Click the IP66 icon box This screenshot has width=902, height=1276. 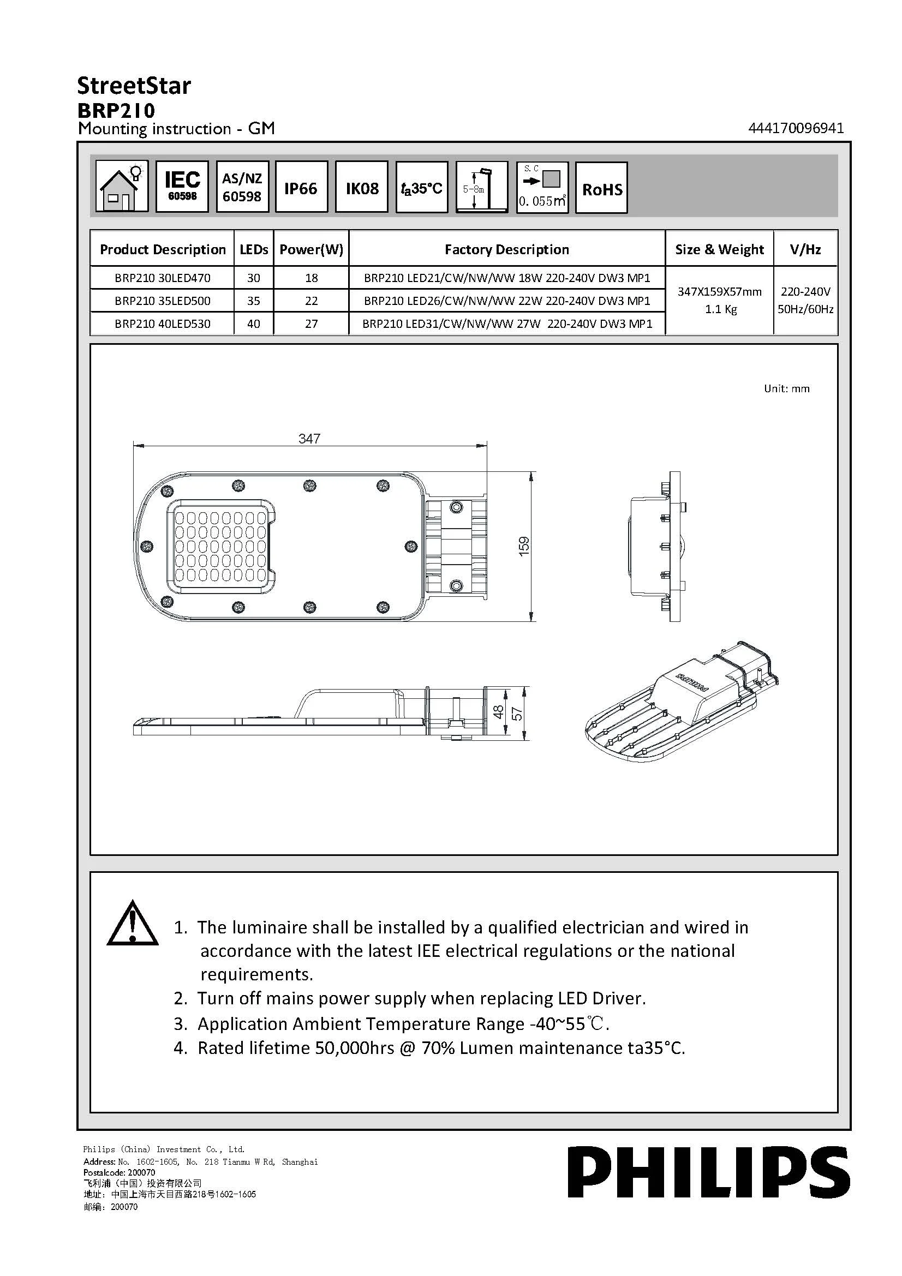[301, 187]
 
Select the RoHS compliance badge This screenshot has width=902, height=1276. [601, 188]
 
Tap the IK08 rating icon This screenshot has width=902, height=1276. [362, 187]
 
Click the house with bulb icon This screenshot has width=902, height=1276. [122, 187]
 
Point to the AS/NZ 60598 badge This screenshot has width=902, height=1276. [242, 187]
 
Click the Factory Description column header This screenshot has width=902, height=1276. [506, 249]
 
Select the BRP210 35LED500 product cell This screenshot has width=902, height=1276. [162, 301]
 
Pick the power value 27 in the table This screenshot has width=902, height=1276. [311, 324]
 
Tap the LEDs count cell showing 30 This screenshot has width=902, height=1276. [253, 277]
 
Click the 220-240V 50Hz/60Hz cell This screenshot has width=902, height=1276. [805, 300]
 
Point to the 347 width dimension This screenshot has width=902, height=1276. [309, 439]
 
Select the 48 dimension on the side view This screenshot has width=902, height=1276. [499, 712]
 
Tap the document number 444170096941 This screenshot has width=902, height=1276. [796, 128]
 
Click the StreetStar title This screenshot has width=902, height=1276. [134, 86]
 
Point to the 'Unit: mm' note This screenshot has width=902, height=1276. [786, 388]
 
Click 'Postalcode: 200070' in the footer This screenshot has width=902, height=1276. [119, 1173]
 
